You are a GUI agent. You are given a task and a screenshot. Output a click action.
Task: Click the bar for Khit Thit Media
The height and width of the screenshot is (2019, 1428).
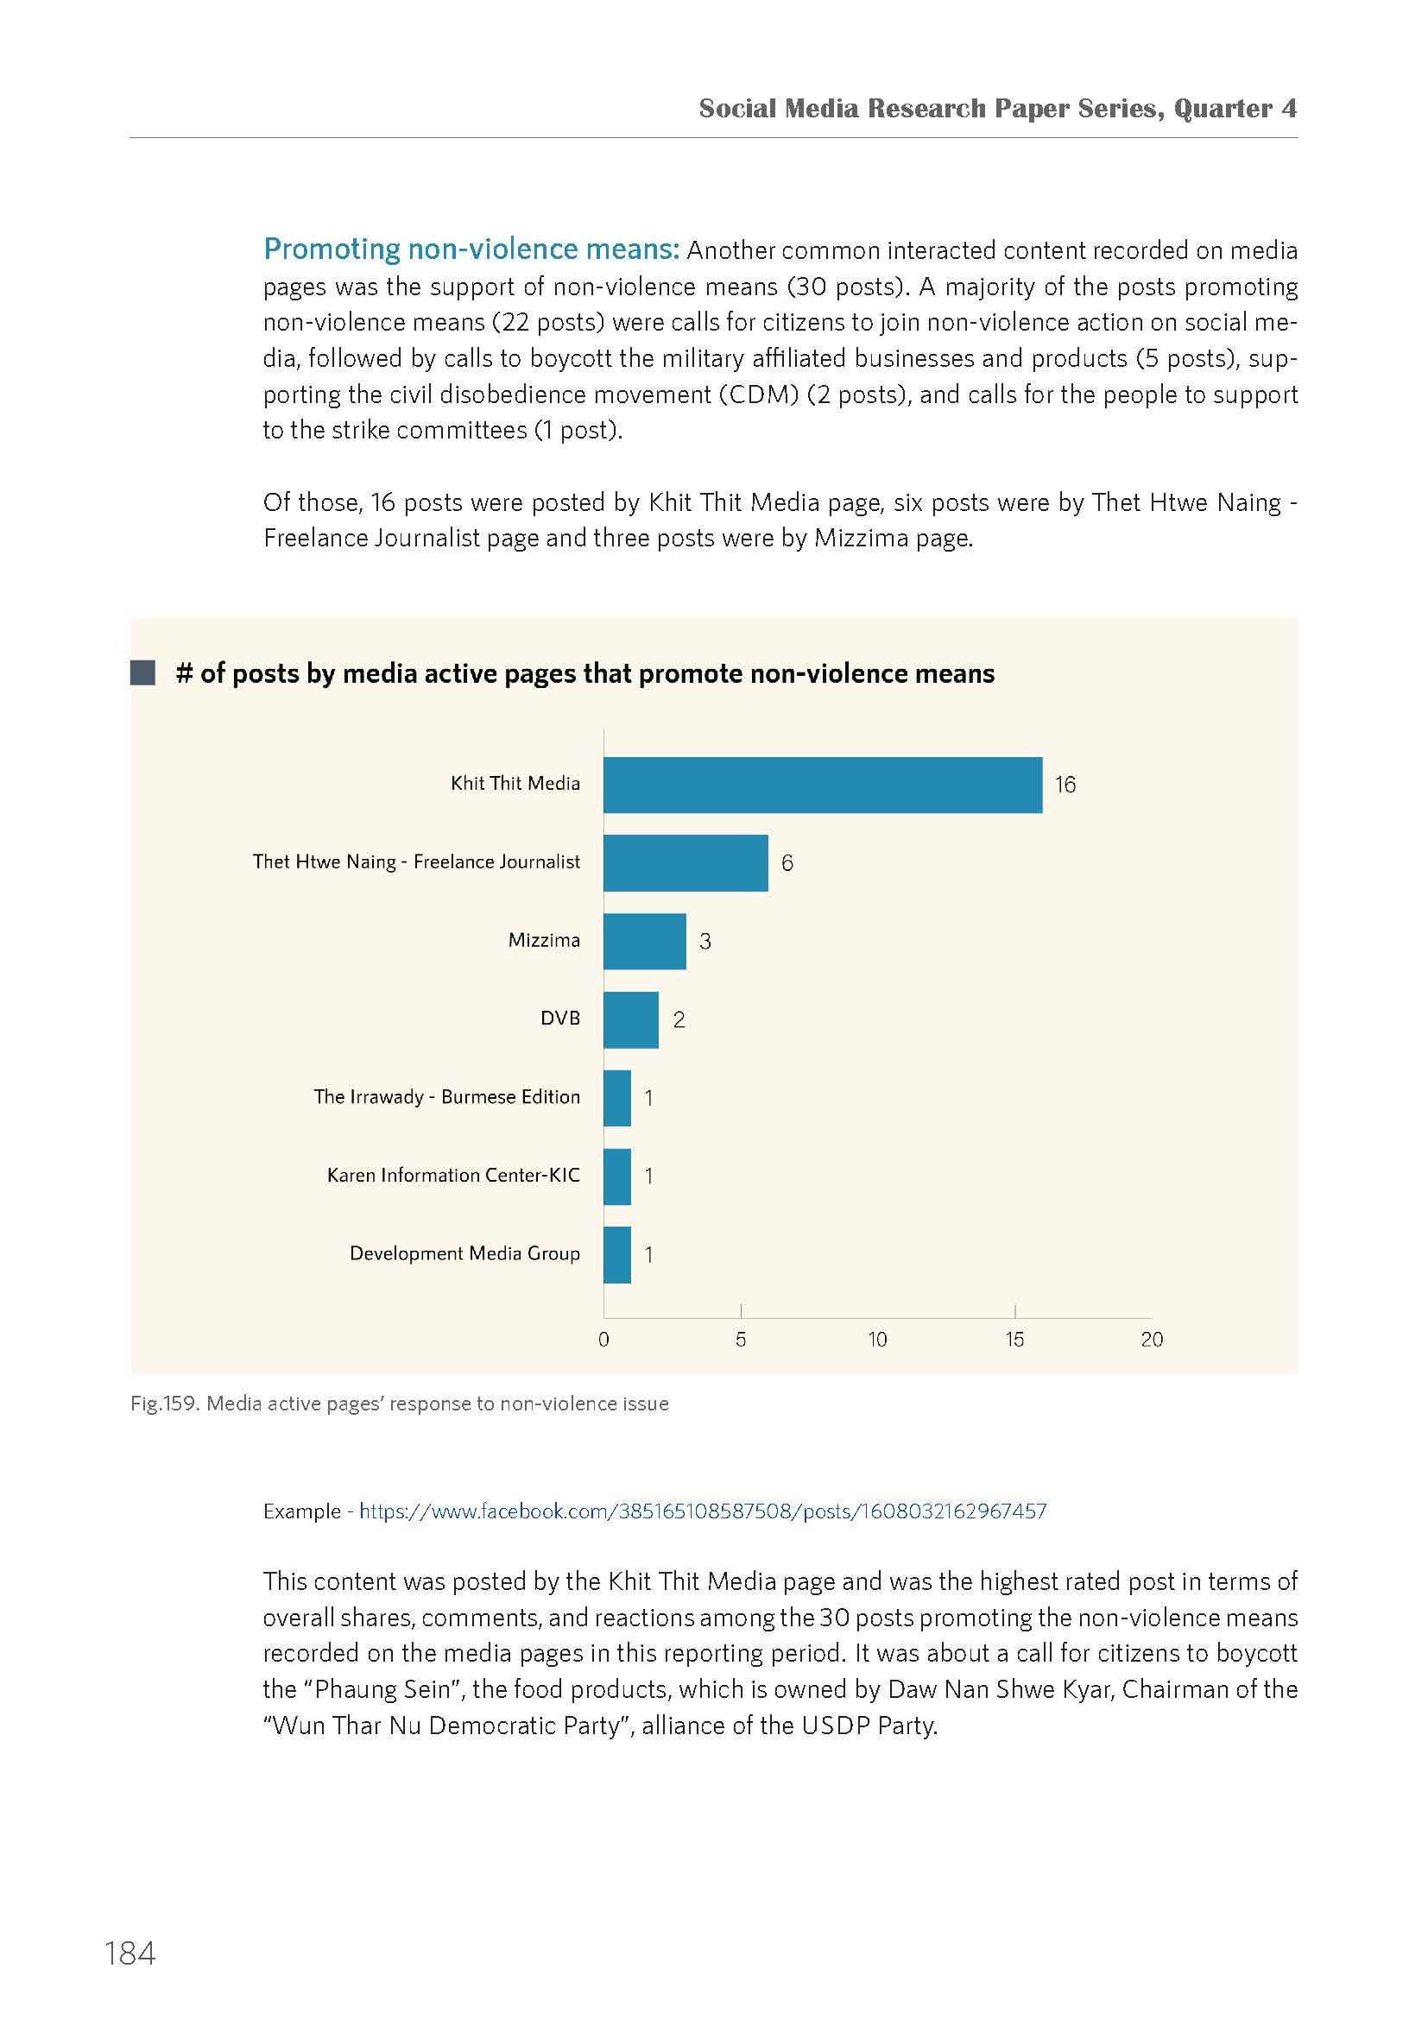coord(822,785)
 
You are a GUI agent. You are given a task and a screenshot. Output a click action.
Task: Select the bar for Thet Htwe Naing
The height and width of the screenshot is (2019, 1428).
coord(686,862)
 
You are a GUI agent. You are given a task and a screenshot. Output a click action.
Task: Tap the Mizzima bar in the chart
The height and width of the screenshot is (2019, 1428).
coord(645,941)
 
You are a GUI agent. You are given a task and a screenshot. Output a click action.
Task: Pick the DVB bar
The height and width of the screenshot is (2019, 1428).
coord(630,1019)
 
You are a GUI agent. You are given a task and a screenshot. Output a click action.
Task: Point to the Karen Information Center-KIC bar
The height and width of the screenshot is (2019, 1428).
coord(617,1176)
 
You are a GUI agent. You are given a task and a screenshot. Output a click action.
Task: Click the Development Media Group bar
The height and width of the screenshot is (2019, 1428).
coord(617,1254)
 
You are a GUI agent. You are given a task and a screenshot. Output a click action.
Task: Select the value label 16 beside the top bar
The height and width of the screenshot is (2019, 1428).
coord(1065,785)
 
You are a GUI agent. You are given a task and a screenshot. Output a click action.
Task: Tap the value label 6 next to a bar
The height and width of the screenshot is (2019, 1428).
coord(787,862)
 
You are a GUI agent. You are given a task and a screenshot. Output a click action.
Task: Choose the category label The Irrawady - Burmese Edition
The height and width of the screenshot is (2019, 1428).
coord(446,1096)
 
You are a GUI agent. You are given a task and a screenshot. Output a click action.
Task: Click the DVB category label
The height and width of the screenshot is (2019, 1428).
coord(560,1019)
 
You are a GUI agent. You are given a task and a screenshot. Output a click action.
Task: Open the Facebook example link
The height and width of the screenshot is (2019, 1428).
coord(703,1511)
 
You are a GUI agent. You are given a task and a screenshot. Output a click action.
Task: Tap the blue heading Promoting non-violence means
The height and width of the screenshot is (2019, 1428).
coord(471,249)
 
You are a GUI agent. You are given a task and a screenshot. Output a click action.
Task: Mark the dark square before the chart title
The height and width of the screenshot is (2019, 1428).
coord(142,672)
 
